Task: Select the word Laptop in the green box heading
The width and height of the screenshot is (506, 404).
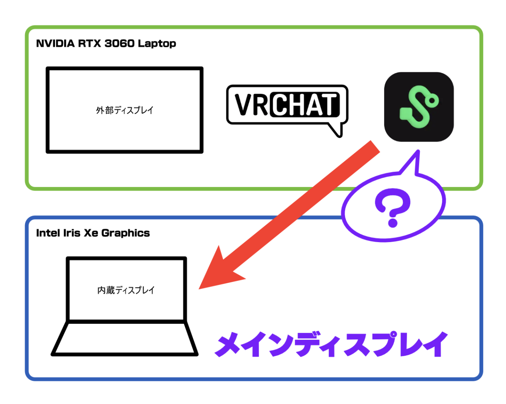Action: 157,44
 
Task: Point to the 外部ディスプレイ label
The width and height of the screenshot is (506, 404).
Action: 125,110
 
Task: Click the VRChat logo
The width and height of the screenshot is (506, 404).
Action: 287,106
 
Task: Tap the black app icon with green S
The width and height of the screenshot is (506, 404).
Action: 418,107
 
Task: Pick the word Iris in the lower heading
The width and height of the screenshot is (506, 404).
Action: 72,233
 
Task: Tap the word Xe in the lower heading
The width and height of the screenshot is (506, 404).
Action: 91,233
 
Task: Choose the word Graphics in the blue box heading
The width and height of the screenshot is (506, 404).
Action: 126,233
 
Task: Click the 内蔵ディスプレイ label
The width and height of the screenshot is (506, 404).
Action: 126,290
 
